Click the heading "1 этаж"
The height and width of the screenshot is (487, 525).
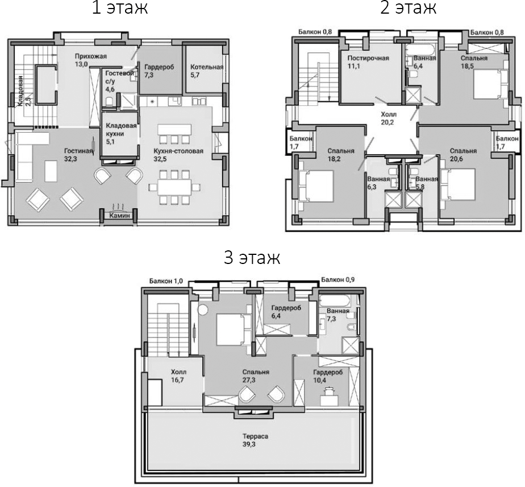(120, 9)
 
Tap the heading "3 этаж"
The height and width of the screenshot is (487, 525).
(252, 258)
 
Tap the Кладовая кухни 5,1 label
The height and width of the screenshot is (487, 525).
(119, 134)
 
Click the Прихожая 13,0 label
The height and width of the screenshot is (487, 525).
(90, 60)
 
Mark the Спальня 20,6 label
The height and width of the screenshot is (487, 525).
(463, 155)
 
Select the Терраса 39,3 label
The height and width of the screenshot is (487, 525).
(253, 440)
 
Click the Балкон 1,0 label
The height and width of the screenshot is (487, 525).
(166, 280)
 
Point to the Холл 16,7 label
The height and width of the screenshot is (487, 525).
(178, 375)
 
